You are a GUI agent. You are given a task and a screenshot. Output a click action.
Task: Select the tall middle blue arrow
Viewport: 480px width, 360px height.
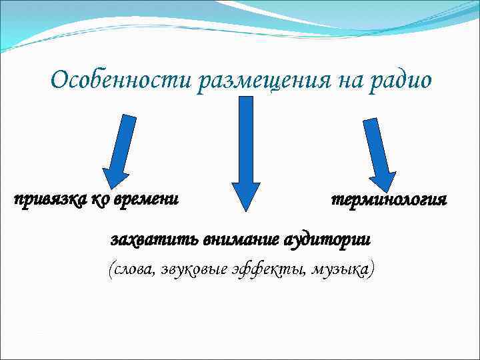click(x=246, y=150)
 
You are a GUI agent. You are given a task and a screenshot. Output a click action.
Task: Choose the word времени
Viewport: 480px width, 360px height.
click(x=148, y=199)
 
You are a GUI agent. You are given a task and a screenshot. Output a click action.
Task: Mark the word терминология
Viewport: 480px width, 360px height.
click(x=389, y=199)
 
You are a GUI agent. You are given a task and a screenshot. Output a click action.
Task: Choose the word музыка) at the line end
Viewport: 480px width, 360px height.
click(x=342, y=269)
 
